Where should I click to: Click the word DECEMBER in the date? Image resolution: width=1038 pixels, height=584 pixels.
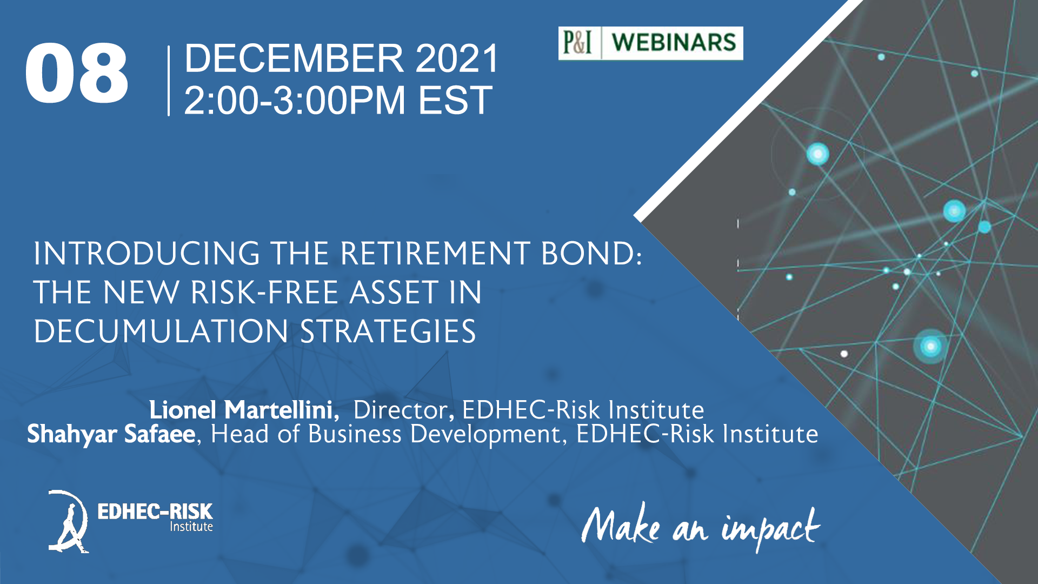[x=294, y=58]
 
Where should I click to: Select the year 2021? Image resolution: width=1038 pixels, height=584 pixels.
[x=457, y=58]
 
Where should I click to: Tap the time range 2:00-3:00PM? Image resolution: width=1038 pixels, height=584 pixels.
[x=295, y=101]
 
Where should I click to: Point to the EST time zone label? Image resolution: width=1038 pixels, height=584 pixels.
[x=455, y=101]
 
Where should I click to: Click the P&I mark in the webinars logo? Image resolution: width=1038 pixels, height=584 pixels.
[x=577, y=43]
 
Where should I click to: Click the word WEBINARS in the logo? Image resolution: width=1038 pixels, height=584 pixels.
[x=674, y=43]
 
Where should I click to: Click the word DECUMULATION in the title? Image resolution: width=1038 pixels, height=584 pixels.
[x=161, y=331]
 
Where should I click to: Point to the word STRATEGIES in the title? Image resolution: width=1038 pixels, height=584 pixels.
[x=388, y=331]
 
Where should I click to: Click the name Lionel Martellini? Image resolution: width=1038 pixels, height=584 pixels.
[x=244, y=410]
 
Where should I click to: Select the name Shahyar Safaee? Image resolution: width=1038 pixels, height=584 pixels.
[x=111, y=434]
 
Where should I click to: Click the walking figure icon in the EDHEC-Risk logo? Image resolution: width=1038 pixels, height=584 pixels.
[x=69, y=521]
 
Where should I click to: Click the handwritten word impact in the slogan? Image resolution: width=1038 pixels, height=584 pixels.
[x=770, y=529]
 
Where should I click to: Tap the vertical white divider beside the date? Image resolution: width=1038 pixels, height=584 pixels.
[x=169, y=81]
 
